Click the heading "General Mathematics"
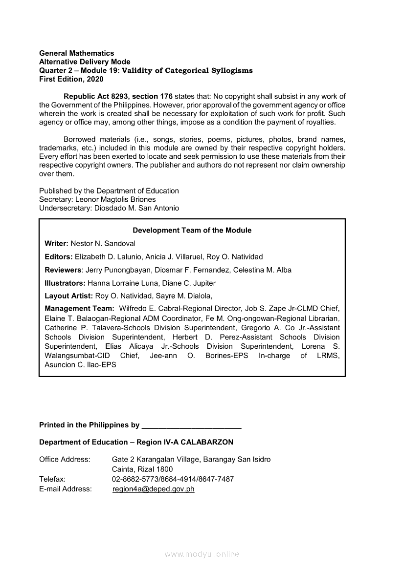76,53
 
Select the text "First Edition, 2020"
71,79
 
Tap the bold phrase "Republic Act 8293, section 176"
118,96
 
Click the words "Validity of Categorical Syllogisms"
187,70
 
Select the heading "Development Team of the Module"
192,230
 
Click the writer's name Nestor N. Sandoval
103,243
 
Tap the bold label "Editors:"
59,256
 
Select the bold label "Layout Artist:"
68,296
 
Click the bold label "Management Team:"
80,309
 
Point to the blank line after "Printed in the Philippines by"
191,425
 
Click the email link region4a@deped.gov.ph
153,489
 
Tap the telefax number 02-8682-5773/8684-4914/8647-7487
173,479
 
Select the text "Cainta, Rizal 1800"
142,469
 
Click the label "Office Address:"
65,460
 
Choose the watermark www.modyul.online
202,554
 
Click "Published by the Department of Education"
109,190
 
